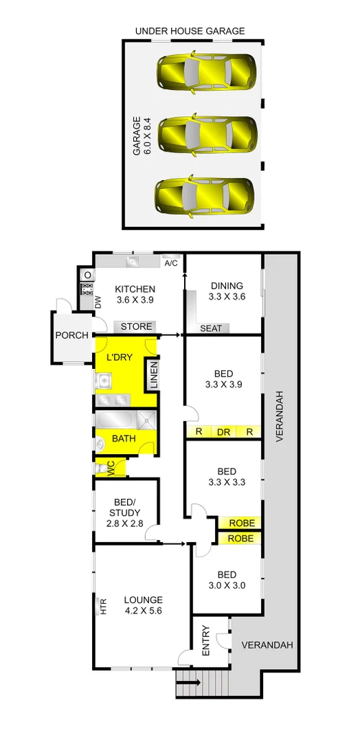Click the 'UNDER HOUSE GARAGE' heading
[x=190, y=31]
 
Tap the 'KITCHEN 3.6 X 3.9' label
[x=135, y=294]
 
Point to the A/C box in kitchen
[x=171, y=263]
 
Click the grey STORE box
[x=137, y=326]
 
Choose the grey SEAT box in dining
[x=211, y=328]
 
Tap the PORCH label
[x=72, y=335]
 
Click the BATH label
[x=124, y=438]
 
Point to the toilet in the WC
[x=104, y=468]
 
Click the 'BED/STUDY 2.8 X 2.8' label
[x=124, y=513]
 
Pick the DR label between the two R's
[x=223, y=432]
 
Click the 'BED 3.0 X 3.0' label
[x=227, y=581]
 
